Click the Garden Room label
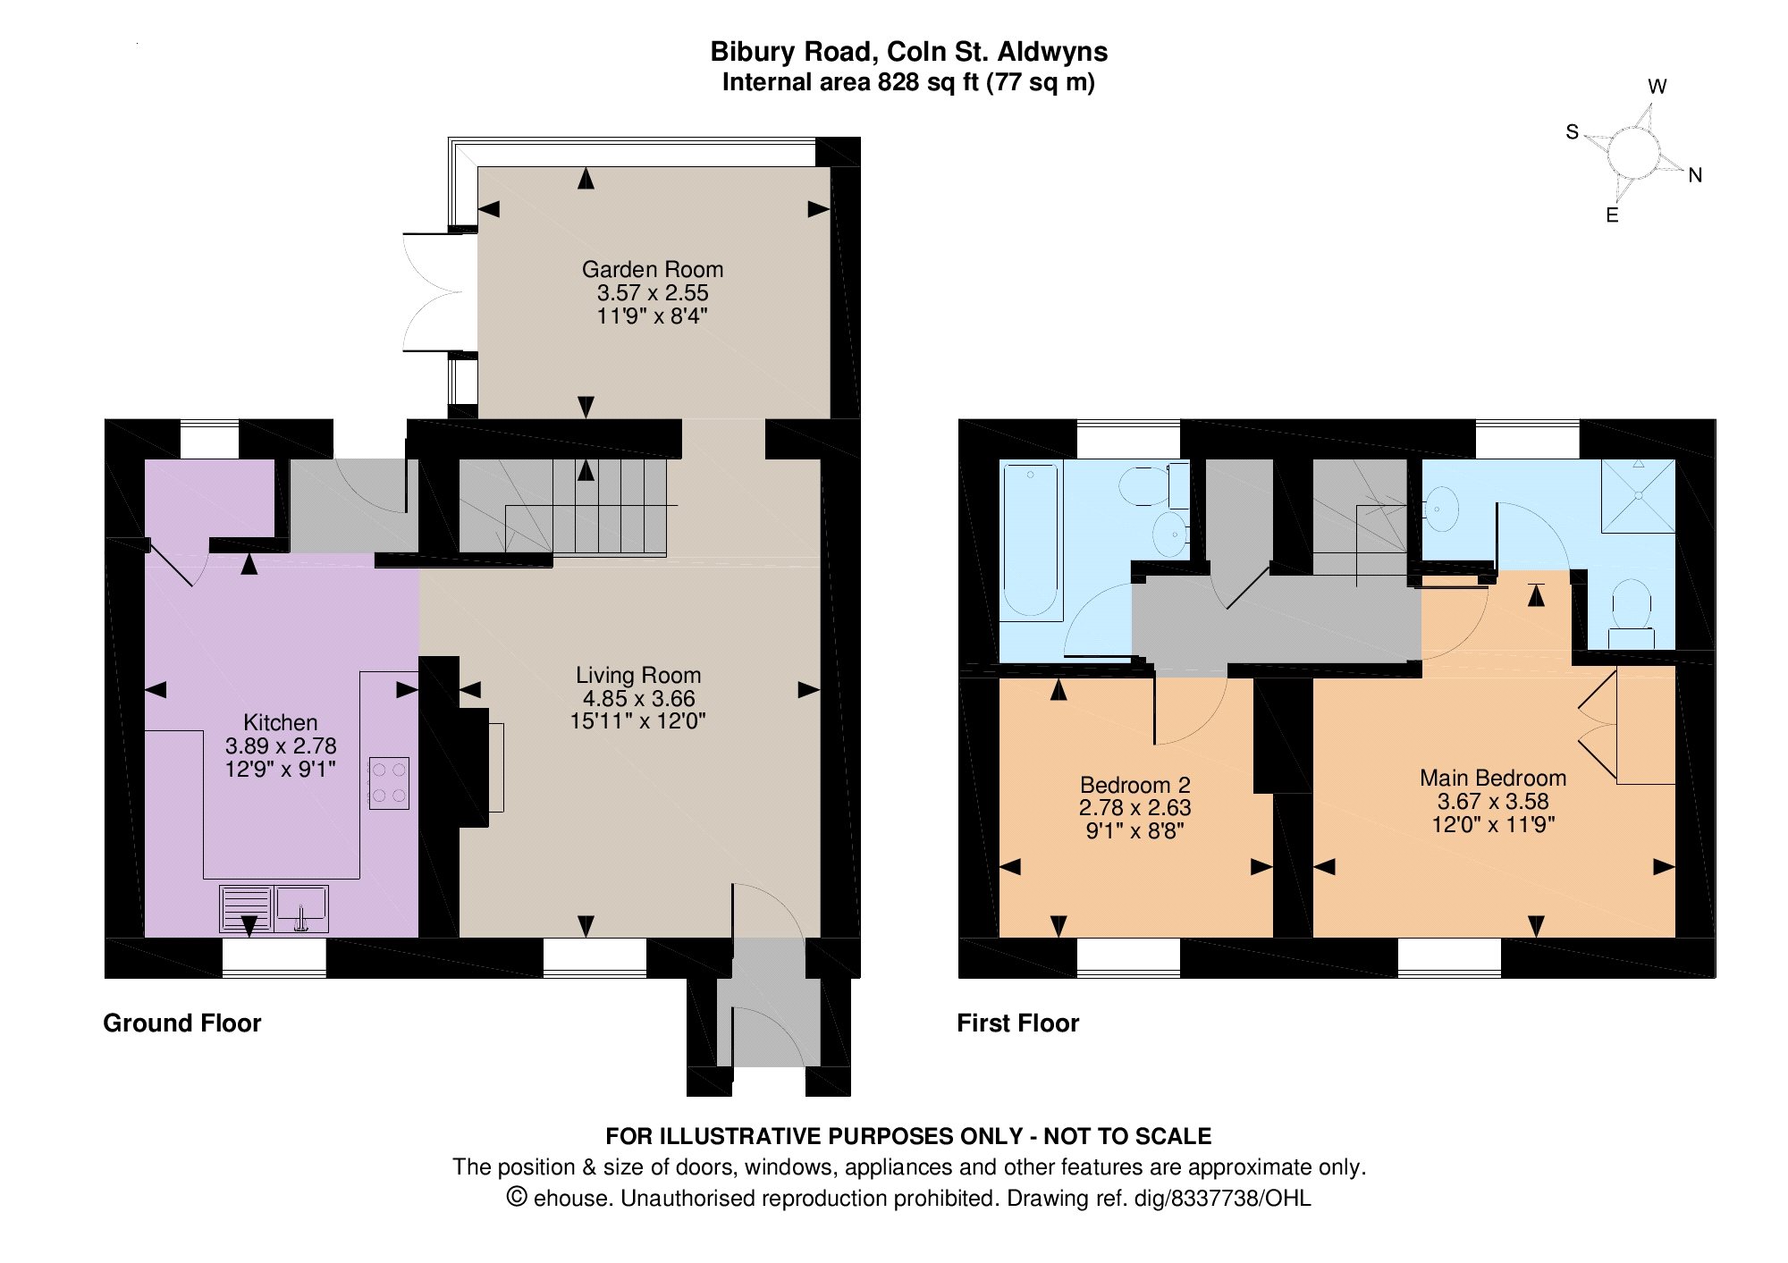(x=653, y=269)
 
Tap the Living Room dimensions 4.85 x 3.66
(x=638, y=698)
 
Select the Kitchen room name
(x=281, y=722)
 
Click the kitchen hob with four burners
(x=389, y=784)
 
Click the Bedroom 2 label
(x=1135, y=785)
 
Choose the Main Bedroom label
(x=1493, y=778)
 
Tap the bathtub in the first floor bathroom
(x=1031, y=541)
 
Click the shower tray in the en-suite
(x=1638, y=496)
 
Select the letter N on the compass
(x=1695, y=175)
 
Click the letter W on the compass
(x=1657, y=87)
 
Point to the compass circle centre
(x=1633, y=153)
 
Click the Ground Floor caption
(x=182, y=1023)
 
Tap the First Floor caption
(x=1018, y=1023)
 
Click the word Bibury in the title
(x=748, y=52)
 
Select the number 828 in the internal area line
(x=897, y=82)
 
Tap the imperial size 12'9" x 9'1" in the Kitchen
(x=281, y=769)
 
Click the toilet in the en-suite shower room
(x=1632, y=613)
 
